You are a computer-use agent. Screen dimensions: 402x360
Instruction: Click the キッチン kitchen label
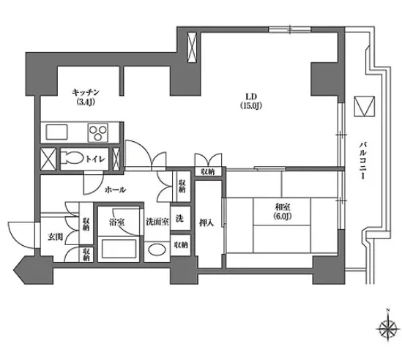(86, 92)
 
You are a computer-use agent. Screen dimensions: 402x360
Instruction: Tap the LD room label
(251, 97)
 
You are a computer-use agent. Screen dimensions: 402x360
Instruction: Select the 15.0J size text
(251, 105)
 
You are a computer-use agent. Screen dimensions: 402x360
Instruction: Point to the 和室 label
(282, 207)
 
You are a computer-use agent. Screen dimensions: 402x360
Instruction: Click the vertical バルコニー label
(362, 160)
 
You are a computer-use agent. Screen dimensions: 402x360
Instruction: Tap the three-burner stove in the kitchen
(97, 132)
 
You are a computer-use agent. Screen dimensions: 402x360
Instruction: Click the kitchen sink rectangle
(56, 132)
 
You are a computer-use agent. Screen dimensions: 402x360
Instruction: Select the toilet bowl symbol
(72, 159)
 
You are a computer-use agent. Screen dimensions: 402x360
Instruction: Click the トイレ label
(95, 159)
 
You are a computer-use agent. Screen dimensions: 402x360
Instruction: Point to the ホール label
(116, 190)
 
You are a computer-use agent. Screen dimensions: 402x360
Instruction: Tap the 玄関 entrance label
(56, 237)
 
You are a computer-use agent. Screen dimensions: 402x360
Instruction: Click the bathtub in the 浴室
(119, 248)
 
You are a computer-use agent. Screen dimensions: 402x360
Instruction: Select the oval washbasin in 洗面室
(157, 250)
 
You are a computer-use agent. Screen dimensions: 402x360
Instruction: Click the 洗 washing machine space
(180, 218)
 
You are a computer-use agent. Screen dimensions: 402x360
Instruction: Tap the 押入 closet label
(206, 223)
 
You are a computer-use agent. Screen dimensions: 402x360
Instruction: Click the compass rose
(388, 329)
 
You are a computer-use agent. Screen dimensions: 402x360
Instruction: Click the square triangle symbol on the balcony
(365, 106)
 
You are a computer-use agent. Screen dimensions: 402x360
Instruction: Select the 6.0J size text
(282, 217)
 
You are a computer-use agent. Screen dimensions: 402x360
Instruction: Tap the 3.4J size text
(86, 102)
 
